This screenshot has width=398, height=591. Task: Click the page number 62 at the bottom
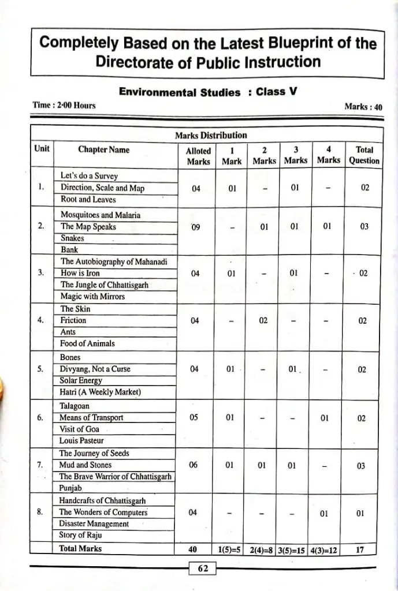coord(203,568)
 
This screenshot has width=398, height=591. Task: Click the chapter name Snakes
coord(72,238)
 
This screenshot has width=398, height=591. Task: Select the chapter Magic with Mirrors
coord(92,297)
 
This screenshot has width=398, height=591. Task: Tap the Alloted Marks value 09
coord(196,227)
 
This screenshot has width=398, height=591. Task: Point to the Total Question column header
coord(364,155)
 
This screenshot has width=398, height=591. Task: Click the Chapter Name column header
coord(104,150)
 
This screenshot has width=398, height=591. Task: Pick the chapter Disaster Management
coord(94,524)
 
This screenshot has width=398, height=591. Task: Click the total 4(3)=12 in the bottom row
coord(324,550)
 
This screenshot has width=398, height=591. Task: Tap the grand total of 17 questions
coord(360,550)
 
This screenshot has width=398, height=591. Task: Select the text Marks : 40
coord(363,106)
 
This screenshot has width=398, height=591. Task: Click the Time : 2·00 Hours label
coord(64,105)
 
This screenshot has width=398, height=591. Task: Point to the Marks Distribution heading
coord(211,136)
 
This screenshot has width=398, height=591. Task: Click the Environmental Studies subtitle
coord(179,92)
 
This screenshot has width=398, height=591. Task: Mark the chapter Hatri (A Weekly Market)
coord(101,392)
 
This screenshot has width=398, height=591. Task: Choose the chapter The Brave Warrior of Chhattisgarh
coord(116,477)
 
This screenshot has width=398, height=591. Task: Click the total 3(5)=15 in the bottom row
coord(292,550)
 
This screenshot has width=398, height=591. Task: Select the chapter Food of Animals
coord(88,343)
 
